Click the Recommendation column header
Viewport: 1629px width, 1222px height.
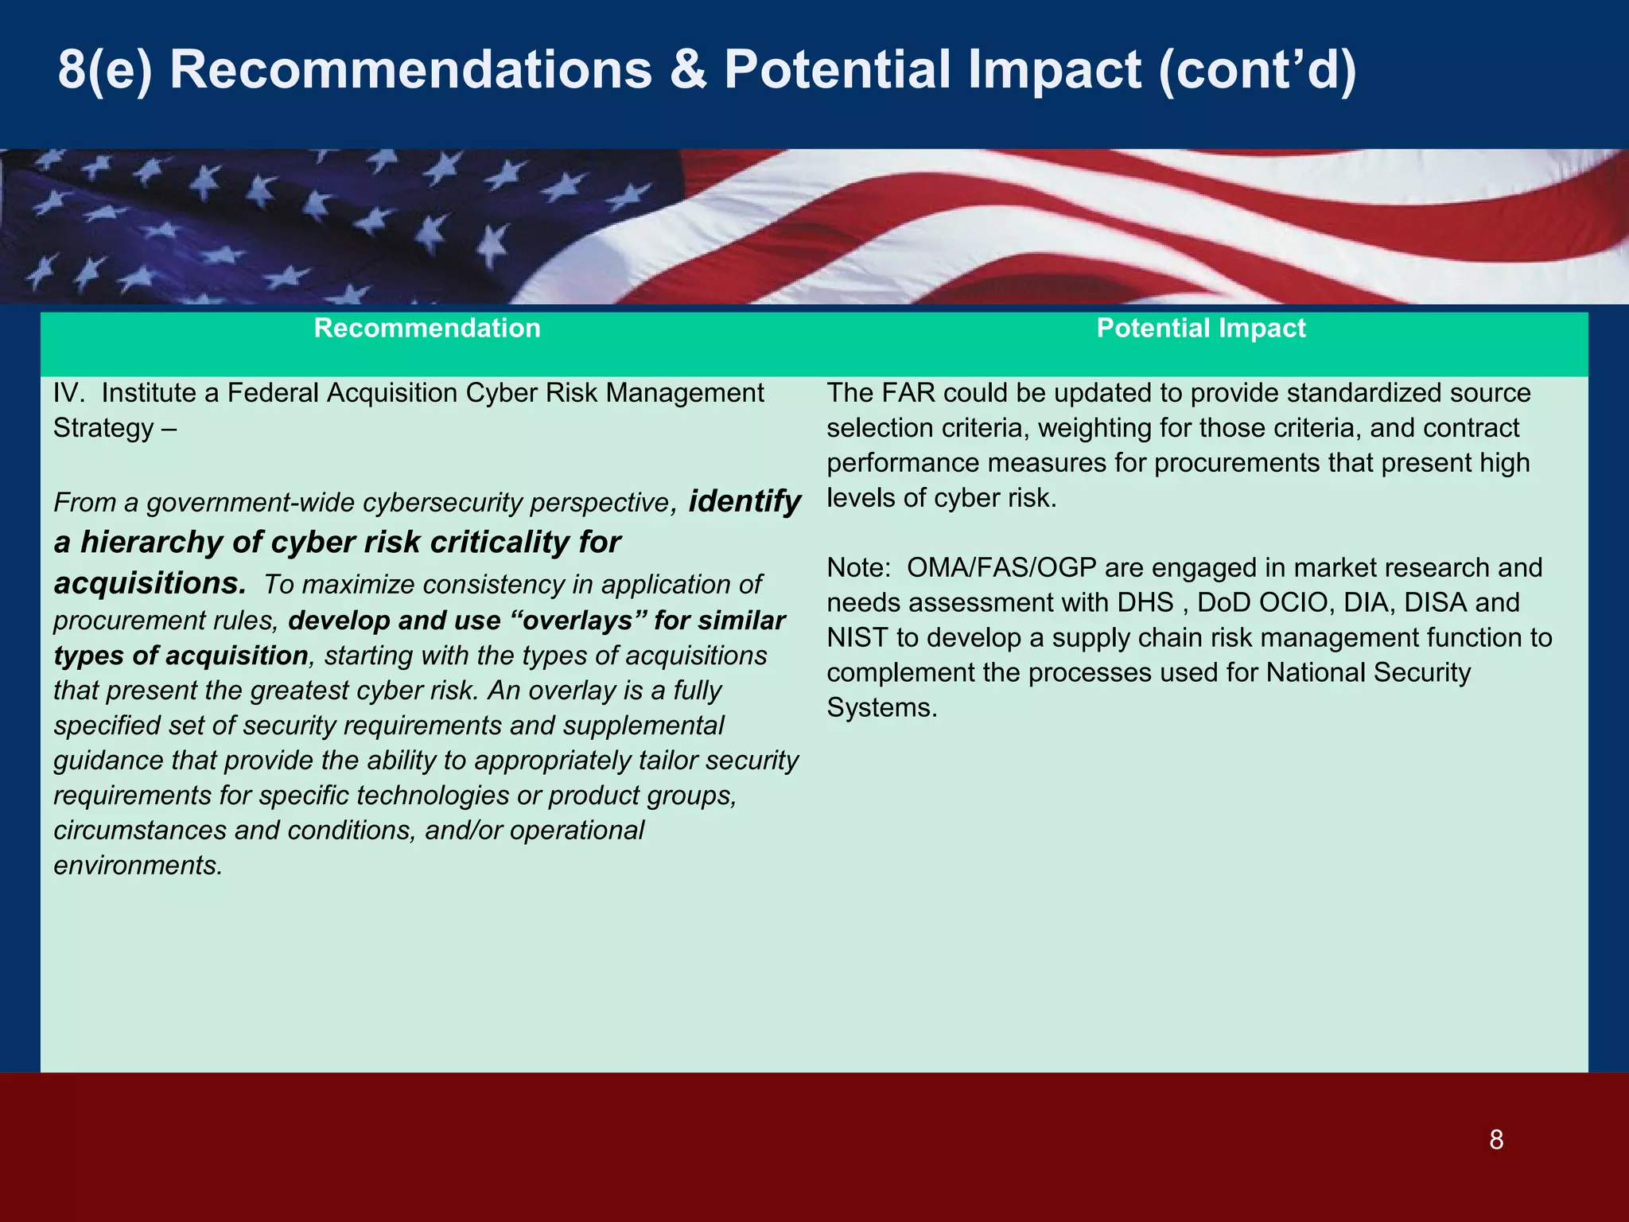coord(427,329)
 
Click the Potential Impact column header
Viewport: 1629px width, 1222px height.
coord(1200,329)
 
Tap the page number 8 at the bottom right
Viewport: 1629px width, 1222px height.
coord(1496,1140)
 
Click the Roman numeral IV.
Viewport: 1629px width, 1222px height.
coord(68,393)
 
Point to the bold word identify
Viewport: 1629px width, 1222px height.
coord(745,501)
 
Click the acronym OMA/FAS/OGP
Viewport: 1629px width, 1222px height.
coord(1001,568)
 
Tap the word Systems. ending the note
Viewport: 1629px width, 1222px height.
coord(881,708)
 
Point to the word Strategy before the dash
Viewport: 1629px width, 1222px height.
coord(103,428)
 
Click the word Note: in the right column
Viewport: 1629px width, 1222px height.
coord(858,568)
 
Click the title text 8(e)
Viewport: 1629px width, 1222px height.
coord(104,70)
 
